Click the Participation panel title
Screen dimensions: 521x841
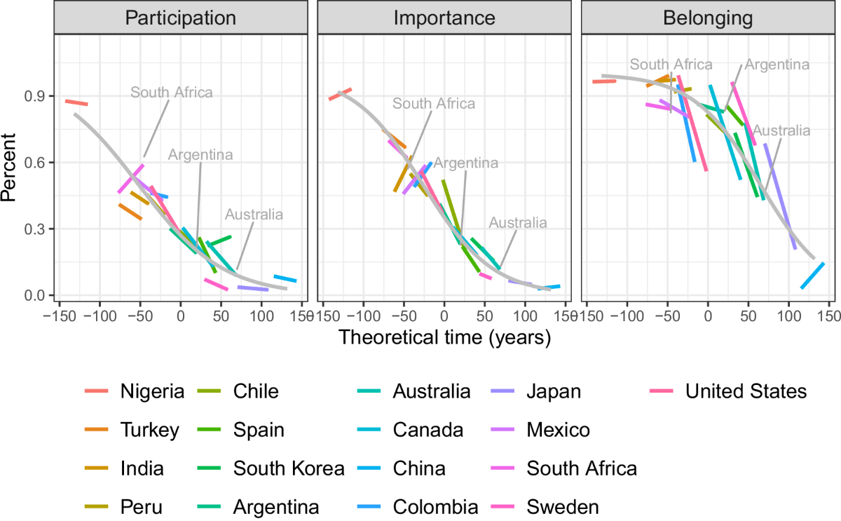click(180, 18)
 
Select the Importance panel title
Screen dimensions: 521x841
click(444, 18)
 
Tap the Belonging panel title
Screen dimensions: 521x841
click(708, 18)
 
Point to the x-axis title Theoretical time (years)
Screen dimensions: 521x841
click(444, 337)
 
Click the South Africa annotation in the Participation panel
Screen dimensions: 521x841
click(172, 92)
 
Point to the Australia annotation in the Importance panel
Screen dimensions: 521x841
click(517, 223)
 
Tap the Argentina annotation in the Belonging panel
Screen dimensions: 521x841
click(777, 65)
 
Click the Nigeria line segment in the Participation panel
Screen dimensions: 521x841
click(76, 103)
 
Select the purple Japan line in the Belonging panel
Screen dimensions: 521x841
click(780, 196)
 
